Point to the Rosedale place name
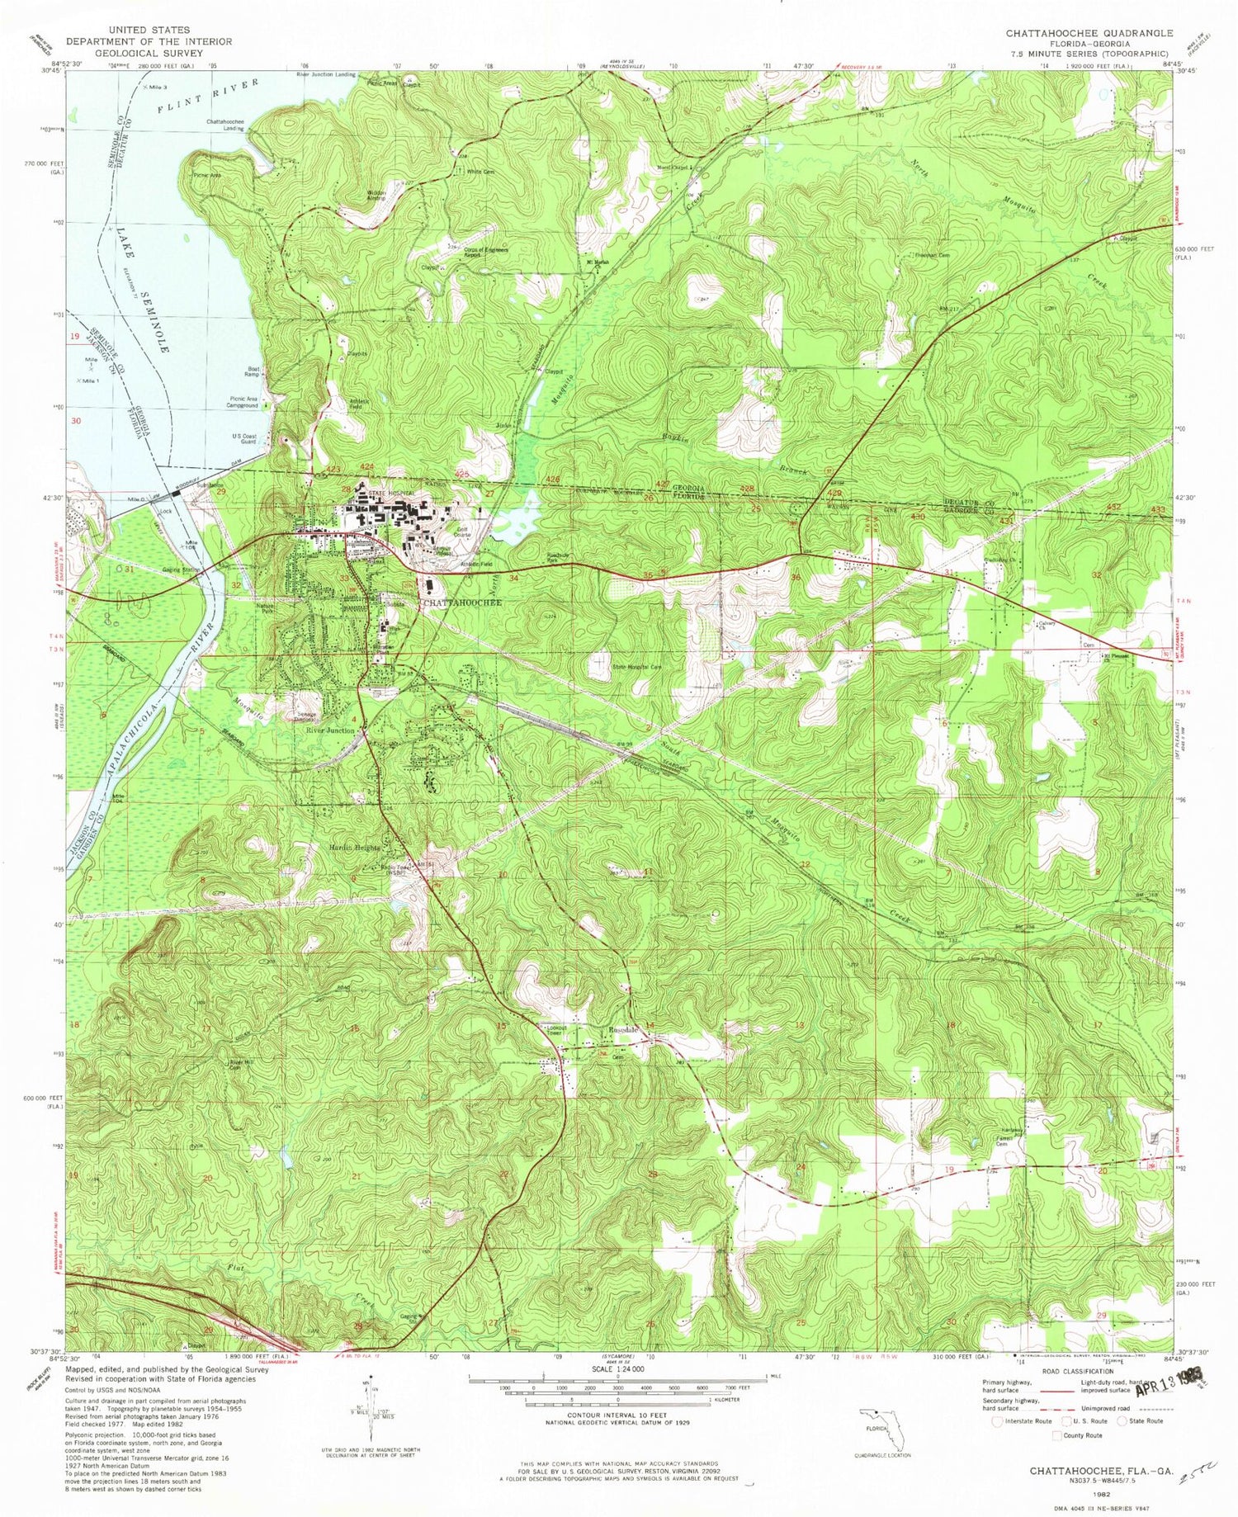(624, 1031)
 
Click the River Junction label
(330, 730)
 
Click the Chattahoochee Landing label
(224, 125)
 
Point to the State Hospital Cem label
(636, 667)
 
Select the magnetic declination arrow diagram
(371, 1404)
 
